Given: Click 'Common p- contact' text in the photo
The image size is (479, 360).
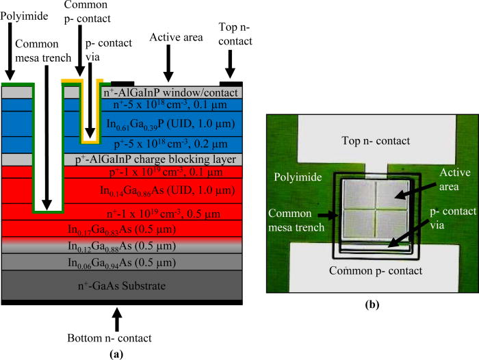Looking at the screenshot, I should [x=373, y=270].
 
